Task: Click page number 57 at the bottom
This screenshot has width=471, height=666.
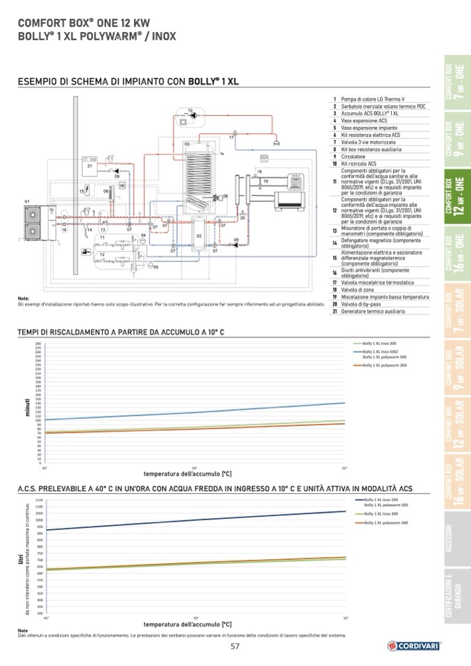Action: coord(235,647)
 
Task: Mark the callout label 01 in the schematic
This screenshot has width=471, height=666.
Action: coord(27,201)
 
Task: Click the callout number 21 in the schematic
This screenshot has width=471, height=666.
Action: coord(90,167)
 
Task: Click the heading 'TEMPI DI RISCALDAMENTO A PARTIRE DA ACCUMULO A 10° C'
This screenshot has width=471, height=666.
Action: coord(121,333)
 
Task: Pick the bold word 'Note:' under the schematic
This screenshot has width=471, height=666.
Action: coord(24,299)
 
